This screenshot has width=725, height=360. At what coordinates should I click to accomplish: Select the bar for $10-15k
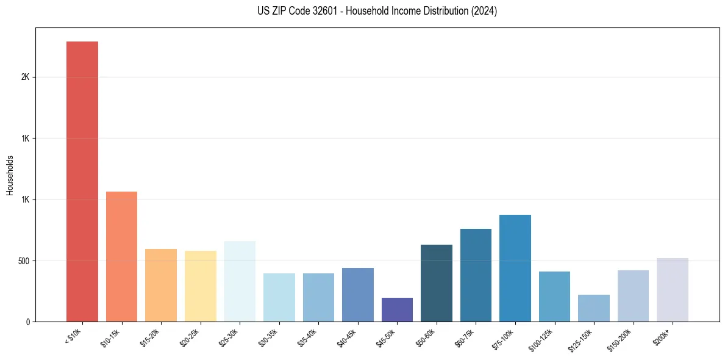121,256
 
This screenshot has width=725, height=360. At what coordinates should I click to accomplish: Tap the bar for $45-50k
397,309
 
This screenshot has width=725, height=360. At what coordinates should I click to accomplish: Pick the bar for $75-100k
515,268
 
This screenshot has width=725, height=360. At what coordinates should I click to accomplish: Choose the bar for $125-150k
594,308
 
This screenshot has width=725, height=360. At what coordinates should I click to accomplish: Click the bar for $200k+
673,290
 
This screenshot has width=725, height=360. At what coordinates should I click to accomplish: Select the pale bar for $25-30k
240,281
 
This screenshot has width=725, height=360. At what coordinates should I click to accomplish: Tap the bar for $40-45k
358,295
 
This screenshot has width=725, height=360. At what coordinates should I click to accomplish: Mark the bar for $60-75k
476,275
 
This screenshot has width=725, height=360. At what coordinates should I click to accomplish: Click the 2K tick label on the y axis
24,77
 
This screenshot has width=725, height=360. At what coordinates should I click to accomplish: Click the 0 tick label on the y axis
27,322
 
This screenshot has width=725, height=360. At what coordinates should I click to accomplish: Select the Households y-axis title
10,175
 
